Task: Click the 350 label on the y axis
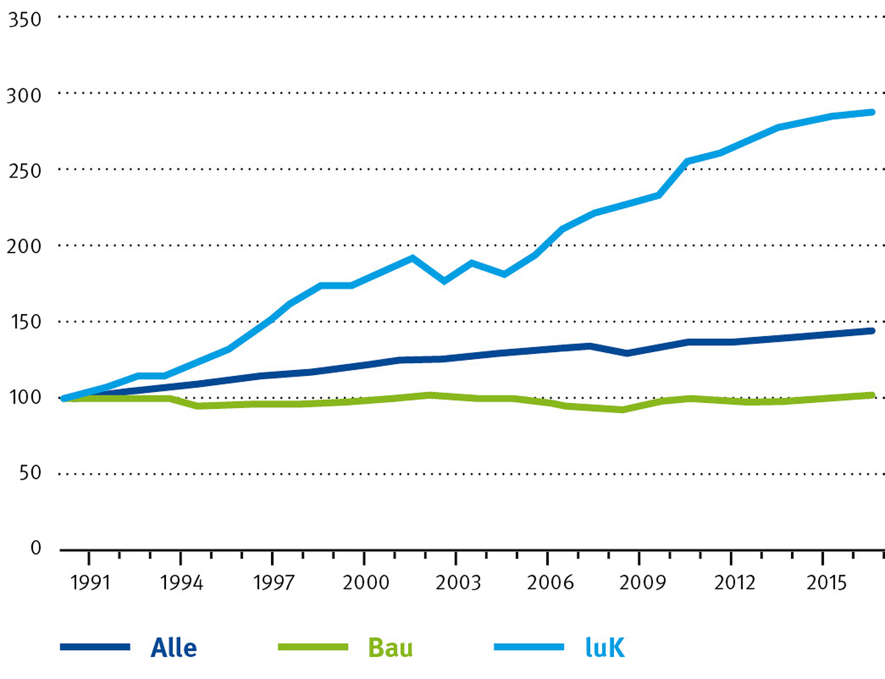pyautogui.click(x=25, y=20)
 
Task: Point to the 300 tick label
pyautogui.click(x=24, y=96)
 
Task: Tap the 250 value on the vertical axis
pyautogui.click(x=25, y=171)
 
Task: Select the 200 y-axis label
pyautogui.click(x=24, y=247)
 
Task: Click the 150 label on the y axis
pyautogui.click(x=25, y=322)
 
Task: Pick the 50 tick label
pyautogui.click(x=30, y=473)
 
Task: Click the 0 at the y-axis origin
pyautogui.click(x=36, y=548)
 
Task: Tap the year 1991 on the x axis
pyautogui.click(x=90, y=583)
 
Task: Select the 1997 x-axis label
pyautogui.click(x=273, y=583)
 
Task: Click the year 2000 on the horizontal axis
pyautogui.click(x=366, y=583)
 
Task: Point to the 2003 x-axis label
pyautogui.click(x=458, y=583)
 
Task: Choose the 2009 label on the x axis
pyautogui.click(x=642, y=583)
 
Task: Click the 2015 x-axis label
pyautogui.click(x=826, y=583)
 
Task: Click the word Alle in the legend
pyautogui.click(x=174, y=648)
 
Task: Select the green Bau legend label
pyautogui.click(x=391, y=648)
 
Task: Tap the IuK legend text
pyautogui.click(x=605, y=648)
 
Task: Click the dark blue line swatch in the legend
pyautogui.click(x=95, y=647)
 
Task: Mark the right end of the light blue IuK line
pyautogui.click(x=872, y=112)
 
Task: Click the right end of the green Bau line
pyautogui.click(x=872, y=395)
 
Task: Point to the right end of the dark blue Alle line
pyautogui.click(x=872, y=331)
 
